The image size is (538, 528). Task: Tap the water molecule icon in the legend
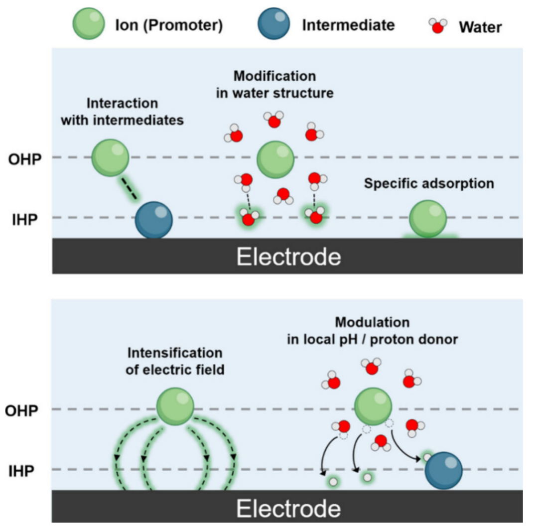pos(438,26)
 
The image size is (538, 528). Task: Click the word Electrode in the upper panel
pos(288,257)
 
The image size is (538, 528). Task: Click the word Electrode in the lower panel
pos(288,509)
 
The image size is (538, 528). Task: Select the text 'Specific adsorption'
pos(429,184)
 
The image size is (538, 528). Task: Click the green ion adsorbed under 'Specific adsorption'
pos(428,218)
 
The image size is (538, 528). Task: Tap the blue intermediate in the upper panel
pos(154,220)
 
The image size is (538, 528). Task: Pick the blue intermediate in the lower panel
pos(443,470)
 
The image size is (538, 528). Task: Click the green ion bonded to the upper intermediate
pos(110,158)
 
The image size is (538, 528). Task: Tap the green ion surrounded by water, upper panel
pos(275,159)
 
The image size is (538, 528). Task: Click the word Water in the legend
pos(480,26)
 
